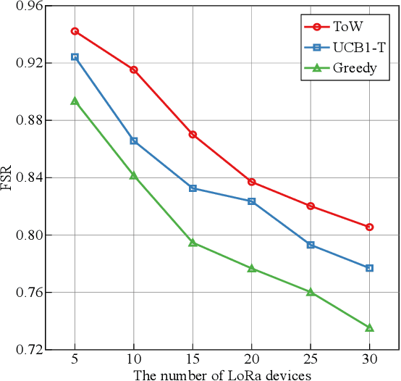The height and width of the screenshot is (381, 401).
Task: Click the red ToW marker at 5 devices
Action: (75, 31)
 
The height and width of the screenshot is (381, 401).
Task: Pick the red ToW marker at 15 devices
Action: (193, 135)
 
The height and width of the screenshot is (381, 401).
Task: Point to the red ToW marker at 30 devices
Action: (370, 227)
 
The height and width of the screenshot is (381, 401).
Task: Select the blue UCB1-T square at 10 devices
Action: (134, 141)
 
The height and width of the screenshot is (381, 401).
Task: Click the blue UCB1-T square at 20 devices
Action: (252, 201)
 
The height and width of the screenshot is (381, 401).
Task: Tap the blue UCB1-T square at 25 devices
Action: (311, 245)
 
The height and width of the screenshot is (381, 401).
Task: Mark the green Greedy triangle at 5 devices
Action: (75, 101)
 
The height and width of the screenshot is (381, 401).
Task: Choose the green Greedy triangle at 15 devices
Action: (193, 243)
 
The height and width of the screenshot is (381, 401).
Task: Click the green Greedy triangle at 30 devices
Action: (370, 327)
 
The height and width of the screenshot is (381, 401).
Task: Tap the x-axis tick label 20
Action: (252, 361)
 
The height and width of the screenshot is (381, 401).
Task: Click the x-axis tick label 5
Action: (75, 361)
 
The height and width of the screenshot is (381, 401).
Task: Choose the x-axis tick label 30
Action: (370, 361)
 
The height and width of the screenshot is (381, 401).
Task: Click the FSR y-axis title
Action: (7, 178)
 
